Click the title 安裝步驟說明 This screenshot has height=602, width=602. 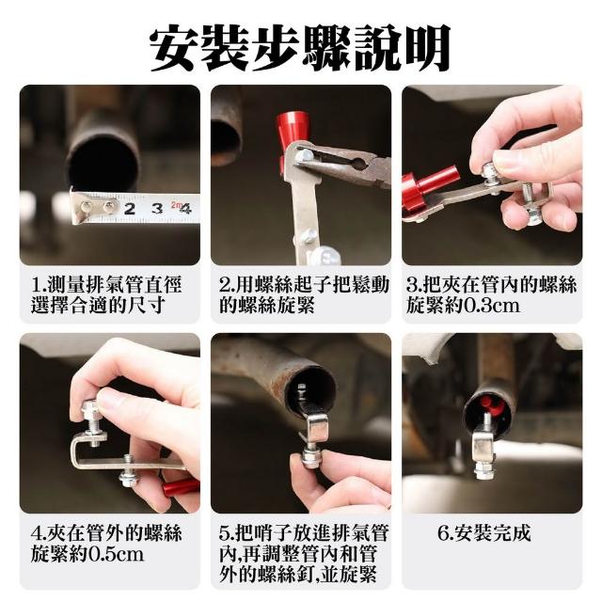[300, 48]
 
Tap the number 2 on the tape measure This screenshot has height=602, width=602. [130, 209]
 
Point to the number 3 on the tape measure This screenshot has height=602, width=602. [157, 209]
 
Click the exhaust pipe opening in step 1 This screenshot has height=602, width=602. [103, 166]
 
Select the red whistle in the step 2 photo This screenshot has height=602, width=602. [289, 138]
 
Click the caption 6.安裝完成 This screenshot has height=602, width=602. [484, 533]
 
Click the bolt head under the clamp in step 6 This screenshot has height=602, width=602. [483, 471]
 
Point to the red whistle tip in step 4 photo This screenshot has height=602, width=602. [181, 489]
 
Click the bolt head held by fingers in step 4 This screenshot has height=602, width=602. [90, 409]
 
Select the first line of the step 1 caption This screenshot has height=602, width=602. [106, 285]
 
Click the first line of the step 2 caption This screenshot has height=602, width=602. [304, 285]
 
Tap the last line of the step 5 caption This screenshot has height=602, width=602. [298, 575]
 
